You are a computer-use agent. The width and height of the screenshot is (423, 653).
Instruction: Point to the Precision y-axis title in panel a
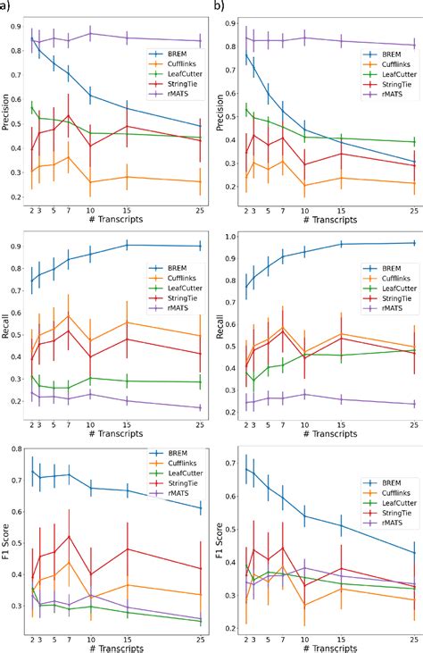pos(8,113)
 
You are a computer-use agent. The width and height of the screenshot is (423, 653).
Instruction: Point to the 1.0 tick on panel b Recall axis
pos(233,237)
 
